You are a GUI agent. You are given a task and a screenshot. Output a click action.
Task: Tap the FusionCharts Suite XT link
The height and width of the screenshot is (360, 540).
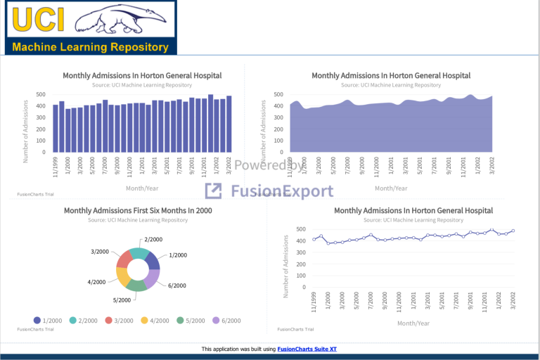[x=307, y=349]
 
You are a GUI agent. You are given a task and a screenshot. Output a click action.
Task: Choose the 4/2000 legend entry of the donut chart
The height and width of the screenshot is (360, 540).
[x=155, y=321]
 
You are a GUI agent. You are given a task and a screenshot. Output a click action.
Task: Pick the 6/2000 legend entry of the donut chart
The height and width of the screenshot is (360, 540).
[x=226, y=321]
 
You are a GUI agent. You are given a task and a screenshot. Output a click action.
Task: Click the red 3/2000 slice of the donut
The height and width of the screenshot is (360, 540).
[x=124, y=260]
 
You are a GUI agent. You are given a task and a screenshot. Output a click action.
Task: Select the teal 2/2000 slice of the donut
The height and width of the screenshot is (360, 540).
[x=139, y=254]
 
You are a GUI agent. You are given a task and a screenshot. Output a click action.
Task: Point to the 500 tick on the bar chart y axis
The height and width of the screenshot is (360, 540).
[x=41, y=94]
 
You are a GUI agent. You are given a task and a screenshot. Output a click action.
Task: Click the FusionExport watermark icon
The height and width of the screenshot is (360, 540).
[x=214, y=191]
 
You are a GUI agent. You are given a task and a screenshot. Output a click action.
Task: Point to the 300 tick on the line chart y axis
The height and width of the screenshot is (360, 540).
[x=300, y=252]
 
